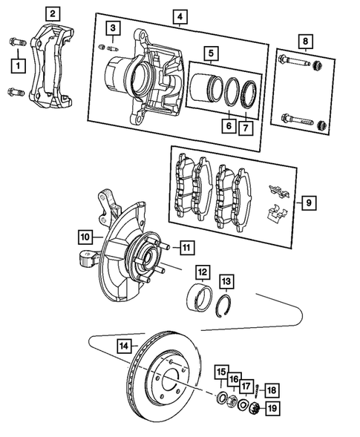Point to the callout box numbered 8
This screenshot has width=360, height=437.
coord(303,40)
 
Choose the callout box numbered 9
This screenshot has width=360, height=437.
coord(308,200)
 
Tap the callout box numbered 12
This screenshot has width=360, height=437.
coord(202,272)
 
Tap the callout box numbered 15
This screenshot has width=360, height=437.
coord(221,371)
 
